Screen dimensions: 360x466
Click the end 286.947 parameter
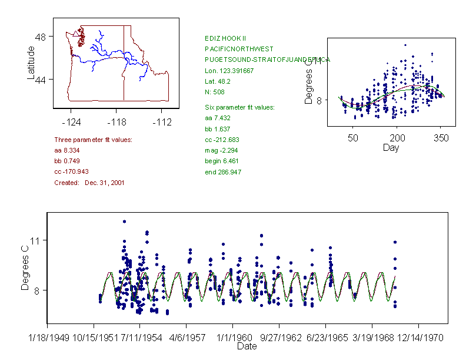click(x=222, y=172)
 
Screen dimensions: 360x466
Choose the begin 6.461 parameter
click(x=221, y=161)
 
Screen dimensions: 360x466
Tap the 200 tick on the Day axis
click(x=397, y=138)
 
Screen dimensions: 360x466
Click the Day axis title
click(x=390, y=147)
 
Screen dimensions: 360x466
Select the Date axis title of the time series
click(x=247, y=346)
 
